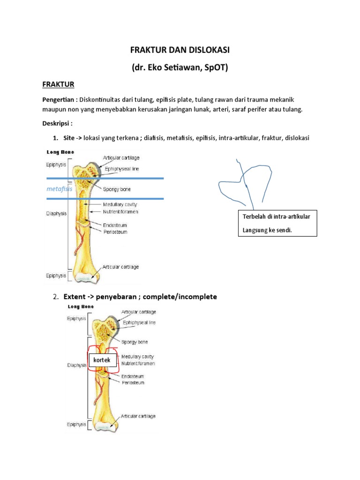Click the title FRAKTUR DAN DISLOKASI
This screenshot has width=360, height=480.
click(180, 50)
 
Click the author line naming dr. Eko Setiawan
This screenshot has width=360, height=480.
click(180, 67)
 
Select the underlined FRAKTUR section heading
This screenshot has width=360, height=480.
click(59, 84)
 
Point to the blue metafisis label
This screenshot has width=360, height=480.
click(60, 188)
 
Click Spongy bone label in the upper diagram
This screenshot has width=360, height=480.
click(117, 189)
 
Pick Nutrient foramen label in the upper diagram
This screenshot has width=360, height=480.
click(120, 211)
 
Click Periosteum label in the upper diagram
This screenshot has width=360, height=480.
click(115, 232)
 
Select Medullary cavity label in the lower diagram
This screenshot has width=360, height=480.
click(137, 356)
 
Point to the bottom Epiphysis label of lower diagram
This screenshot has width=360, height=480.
click(75, 424)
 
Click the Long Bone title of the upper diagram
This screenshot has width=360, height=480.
click(60, 152)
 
